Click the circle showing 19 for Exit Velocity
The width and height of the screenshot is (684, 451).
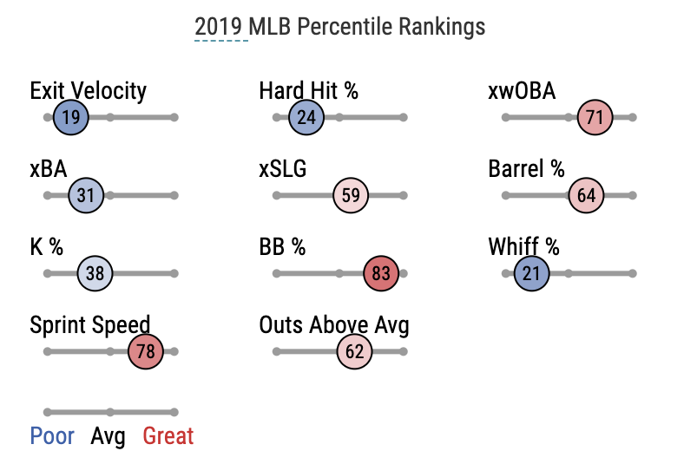(x=71, y=118)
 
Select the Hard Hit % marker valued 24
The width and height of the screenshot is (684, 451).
(x=306, y=118)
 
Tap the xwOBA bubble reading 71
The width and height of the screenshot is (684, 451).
(x=595, y=118)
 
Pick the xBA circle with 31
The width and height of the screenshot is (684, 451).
(x=86, y=195)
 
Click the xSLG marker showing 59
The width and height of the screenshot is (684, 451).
(x=351, y=195)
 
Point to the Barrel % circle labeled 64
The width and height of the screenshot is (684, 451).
(x=587, y=195)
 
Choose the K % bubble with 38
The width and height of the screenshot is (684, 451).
(x=95, y=274)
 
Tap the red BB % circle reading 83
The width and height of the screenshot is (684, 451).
(x=381, y=274)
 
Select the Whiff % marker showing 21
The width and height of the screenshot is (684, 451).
(x=532, y=274)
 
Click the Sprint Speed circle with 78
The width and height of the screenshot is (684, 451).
(x=145, y=351)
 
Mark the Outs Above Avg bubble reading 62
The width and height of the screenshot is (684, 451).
(x=354, y=351)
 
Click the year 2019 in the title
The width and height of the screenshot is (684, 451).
(x=220, y=27)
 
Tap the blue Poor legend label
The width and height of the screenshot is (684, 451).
(x=52, y=435)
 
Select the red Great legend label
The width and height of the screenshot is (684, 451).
(x=168, y=435)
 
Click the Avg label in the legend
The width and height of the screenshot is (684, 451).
(x=109, y=435)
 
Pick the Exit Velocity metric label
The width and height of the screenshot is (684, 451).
(x=88, y=91)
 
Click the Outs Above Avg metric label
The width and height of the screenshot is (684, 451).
(x=334, y=326)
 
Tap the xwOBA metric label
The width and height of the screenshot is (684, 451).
(x=522, y=91)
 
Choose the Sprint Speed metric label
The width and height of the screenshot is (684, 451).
(x=90, y=326)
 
